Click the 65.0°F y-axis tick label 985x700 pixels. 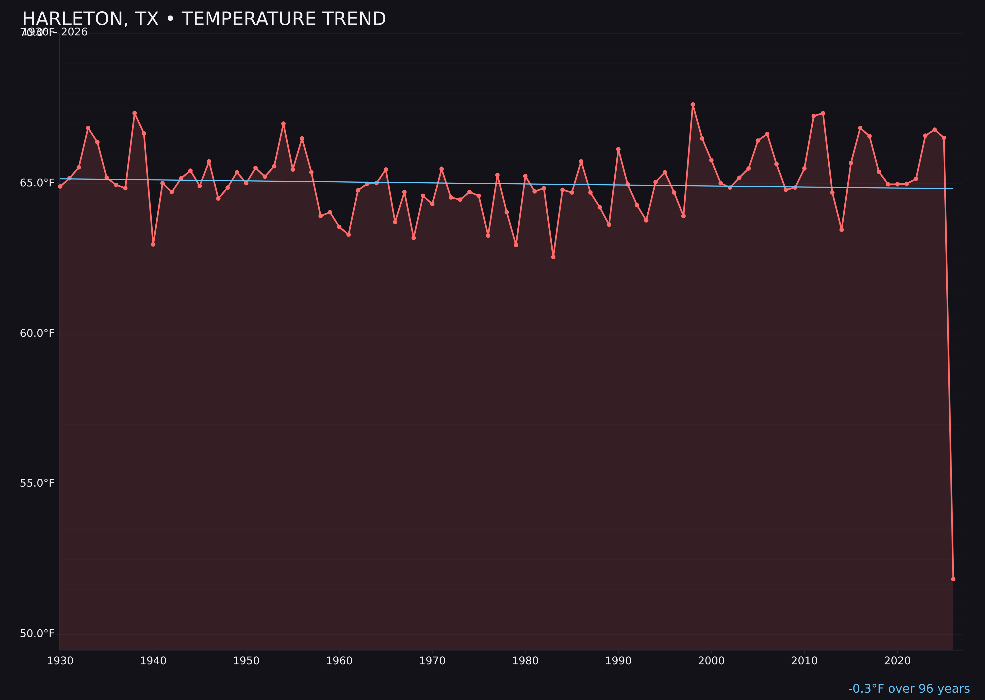coord(37,183)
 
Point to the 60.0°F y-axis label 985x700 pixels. coord(37,334)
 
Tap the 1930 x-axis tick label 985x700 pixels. coord(60,661)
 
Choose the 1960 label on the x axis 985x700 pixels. coord(339,661)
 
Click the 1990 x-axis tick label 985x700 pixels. coord(618,661)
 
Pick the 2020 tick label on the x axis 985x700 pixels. coord(897,661)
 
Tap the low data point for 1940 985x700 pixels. coord(153,244)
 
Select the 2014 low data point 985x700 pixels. coord(841,230)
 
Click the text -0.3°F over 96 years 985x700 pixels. coord(909,689)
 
